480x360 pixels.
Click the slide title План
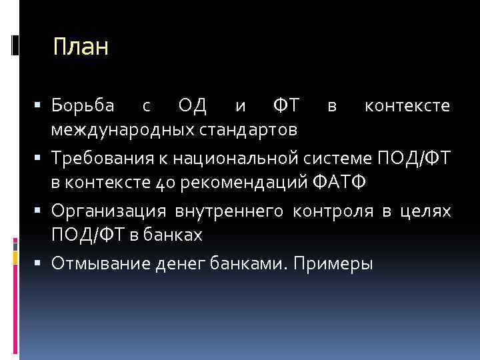click(80, 47)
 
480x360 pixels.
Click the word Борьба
click(83, 106)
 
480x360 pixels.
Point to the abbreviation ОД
click(193, 106)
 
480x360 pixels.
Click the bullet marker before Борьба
click(41, 106)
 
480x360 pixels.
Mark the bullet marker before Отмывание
click(41, 265)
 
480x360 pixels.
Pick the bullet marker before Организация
click(41, 212)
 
